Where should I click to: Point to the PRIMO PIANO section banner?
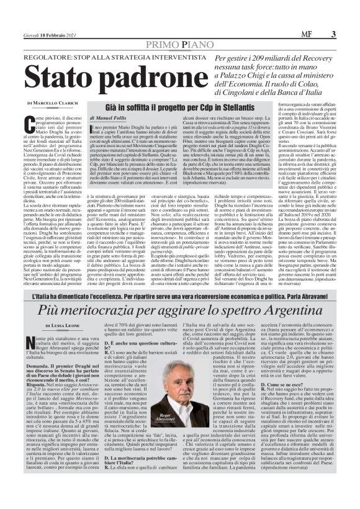click(x=180, y=45)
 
